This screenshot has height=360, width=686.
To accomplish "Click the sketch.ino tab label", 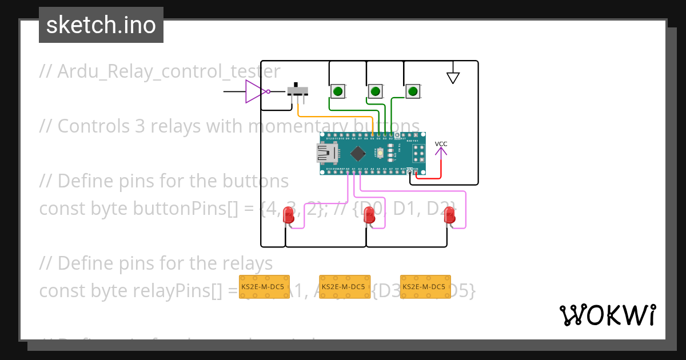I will click(101, 25).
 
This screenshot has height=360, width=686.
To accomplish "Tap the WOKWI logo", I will click(607, 315).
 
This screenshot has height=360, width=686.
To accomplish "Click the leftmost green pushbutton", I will click(338, 91).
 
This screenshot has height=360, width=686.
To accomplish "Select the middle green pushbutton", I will click(375, 91).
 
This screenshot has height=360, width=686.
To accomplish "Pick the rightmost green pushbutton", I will click(413, 91).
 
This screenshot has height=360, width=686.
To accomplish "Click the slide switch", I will click(297, 91).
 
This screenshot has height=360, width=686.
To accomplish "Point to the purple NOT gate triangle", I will click(254, 91).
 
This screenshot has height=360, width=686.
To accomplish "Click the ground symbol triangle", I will click(453, 77).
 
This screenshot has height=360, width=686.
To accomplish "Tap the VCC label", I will click(441, 144).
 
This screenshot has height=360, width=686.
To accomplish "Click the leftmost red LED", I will click(289, 215).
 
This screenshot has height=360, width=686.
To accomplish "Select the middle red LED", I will click(369, 215).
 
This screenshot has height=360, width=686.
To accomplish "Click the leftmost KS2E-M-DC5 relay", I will click(264, 287).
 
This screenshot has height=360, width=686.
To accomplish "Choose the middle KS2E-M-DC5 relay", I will click(344, 287).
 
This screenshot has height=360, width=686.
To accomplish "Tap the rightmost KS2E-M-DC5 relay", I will click(424, 287).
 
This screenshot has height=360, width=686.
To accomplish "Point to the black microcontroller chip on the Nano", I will click(358, 153).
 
